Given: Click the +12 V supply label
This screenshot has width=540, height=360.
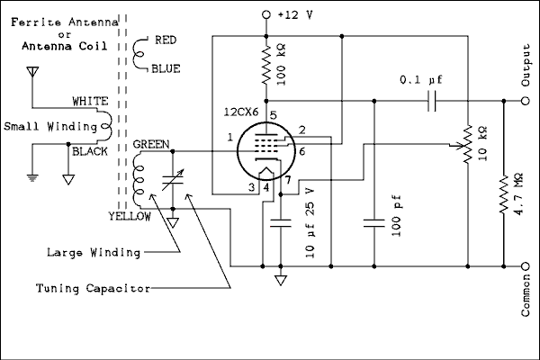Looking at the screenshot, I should (x=296, y=15).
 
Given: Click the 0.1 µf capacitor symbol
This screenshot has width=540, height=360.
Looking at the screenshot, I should (x=430, y=102).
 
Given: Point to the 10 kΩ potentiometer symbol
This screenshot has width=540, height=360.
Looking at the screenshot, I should (x=467, y=144).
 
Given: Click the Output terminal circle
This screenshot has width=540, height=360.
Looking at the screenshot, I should (x=526, y=102).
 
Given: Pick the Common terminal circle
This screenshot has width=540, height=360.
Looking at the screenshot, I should (x=526, y=266).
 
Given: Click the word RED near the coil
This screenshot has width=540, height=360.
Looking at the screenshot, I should (x=166, y=40).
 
